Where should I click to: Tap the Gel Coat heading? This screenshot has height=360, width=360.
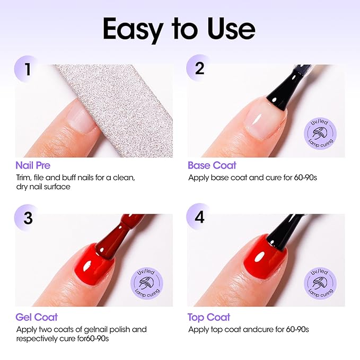tap(36, 317)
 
